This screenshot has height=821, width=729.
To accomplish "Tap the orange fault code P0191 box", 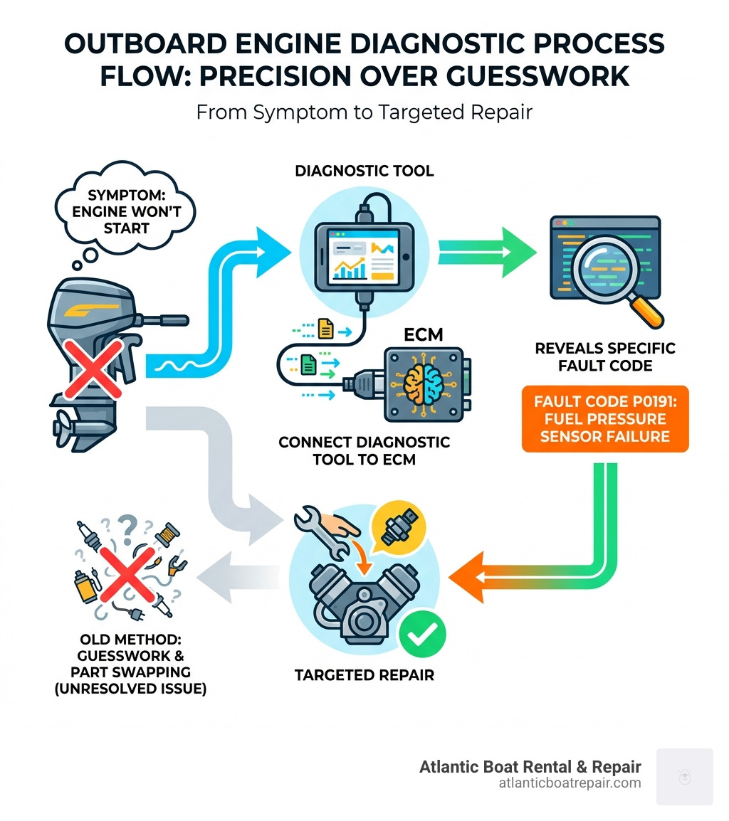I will coord(605,418).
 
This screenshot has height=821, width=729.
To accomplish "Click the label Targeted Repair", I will coord(364,674).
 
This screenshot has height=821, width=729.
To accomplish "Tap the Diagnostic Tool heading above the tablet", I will coord(365,170).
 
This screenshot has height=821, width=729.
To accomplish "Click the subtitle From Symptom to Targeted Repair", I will coord(364,112).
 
